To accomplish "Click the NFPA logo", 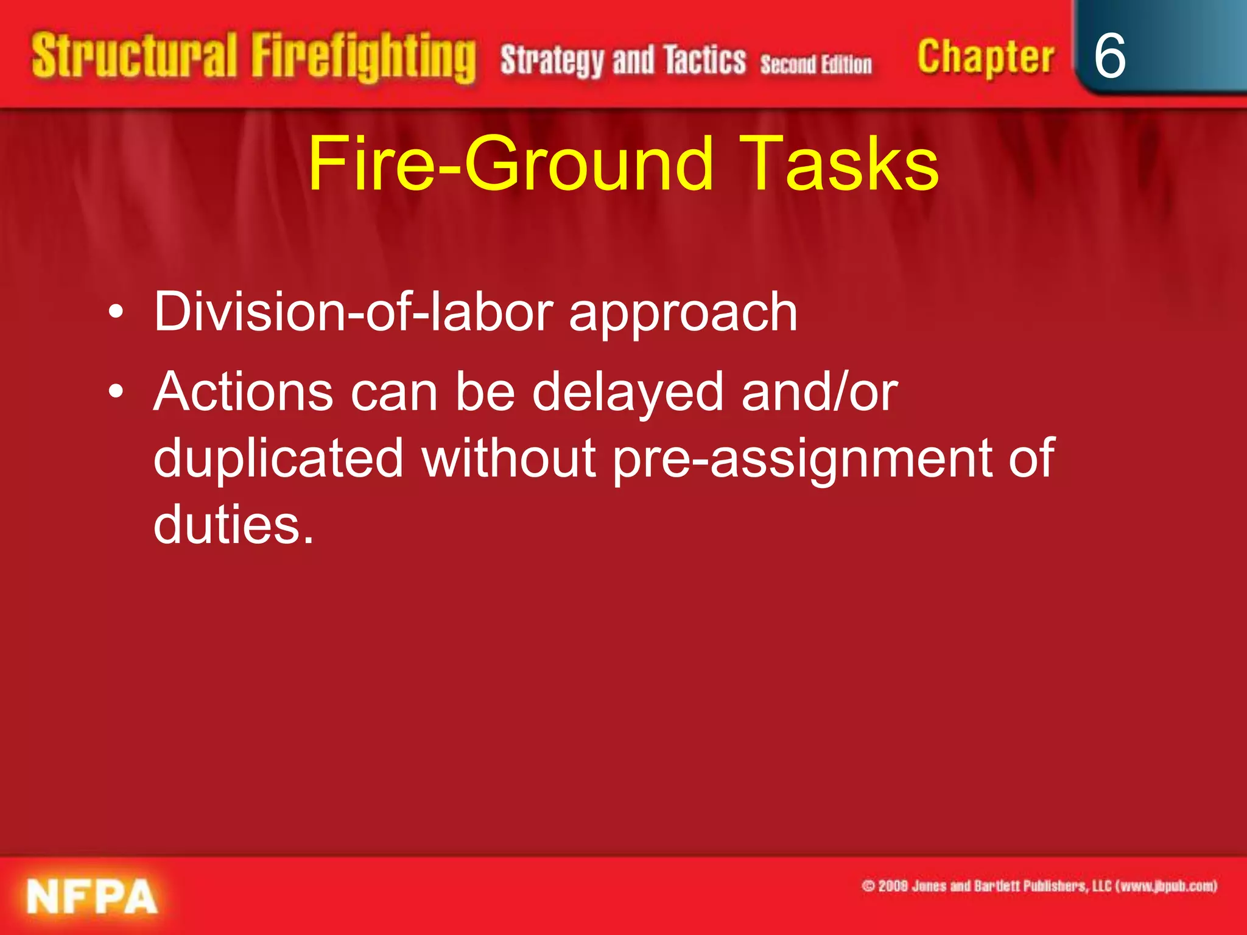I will tap(91, 897).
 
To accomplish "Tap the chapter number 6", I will tap(1109, 56).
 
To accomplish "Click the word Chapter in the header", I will tap(985, 58).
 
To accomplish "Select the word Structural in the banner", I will tap(134, 56).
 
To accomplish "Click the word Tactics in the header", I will tap(704, 60).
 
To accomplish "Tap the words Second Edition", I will tap(816, 64).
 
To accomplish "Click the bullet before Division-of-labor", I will tap(116, 312).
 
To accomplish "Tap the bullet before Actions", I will tap(116, 392).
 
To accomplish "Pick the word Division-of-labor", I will tap(353, 312).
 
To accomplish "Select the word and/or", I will tap(820, 392).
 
